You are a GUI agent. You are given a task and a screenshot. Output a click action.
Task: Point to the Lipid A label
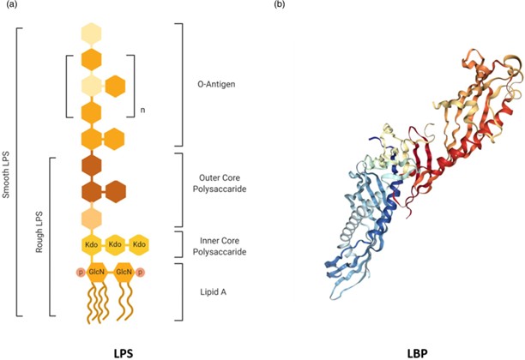[x=211, y=291]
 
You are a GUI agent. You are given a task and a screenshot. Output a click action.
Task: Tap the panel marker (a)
[x=11, y=6]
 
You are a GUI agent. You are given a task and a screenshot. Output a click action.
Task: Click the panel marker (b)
[x=280, y=6]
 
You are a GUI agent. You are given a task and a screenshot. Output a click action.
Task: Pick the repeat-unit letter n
[x=142, y=111]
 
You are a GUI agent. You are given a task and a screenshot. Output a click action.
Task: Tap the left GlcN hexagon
[x=96, y=273]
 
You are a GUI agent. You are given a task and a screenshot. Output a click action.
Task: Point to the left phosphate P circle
[x=80, y=273]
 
